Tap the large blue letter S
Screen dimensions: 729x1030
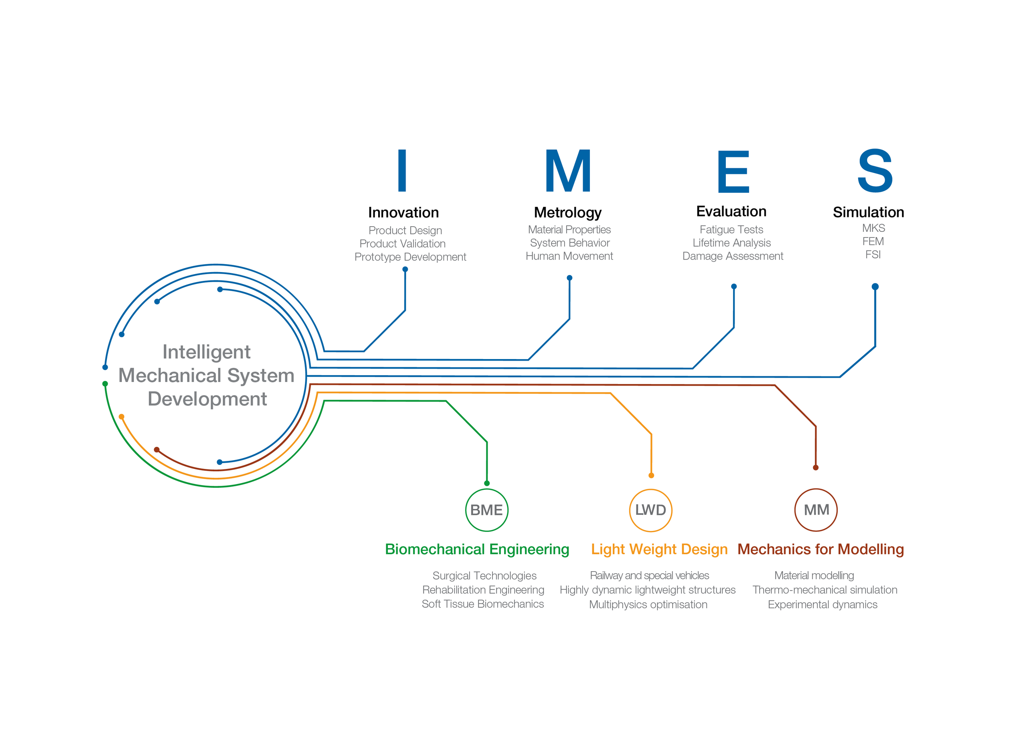click(x=875, y=171)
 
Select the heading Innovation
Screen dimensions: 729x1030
click(x=403, y=212)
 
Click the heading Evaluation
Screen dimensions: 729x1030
click(x=731, y=211)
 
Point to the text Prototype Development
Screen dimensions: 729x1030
click(x=410, y=257)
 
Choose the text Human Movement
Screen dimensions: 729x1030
click(x=569, y=256)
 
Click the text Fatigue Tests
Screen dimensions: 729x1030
click(x=731, y=229)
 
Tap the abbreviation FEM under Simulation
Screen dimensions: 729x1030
click(x=873, y=242)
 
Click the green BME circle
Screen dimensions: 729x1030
click(x=487, y=510)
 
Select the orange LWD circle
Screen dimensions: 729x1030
click(x=651, y=510)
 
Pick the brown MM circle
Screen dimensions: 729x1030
click(x=816, y=510)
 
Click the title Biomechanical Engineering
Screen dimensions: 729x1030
click(x=477, y=549)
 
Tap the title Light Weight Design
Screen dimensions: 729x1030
click(x=659, y=549)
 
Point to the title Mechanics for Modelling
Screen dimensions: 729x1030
click(x=820, y=549)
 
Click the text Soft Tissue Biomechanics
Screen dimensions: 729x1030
click(x=483, y=604)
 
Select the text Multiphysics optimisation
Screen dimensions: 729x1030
click(x=648, y=604)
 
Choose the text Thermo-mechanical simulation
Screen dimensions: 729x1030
click(x=824, y=590)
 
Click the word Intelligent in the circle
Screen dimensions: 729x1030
click(x=206, y=352)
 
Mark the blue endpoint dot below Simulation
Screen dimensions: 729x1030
click(x=875, y=286)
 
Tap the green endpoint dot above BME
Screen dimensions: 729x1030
click(x=487, y=483)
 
